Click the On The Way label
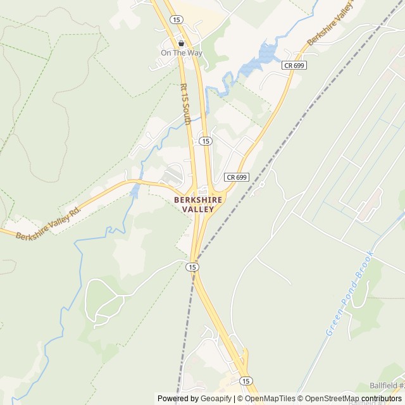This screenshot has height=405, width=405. (x=181, y=53)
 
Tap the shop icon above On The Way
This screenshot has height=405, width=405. (x=181, y=43)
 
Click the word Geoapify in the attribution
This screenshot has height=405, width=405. (x=216, y=399)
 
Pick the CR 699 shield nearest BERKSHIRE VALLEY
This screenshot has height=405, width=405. (x=236, y=177)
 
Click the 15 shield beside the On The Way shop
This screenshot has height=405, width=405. (x=177, y=20)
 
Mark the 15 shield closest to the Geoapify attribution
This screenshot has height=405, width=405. (x=246, y=380)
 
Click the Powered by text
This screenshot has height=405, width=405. (x=177, y=399)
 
